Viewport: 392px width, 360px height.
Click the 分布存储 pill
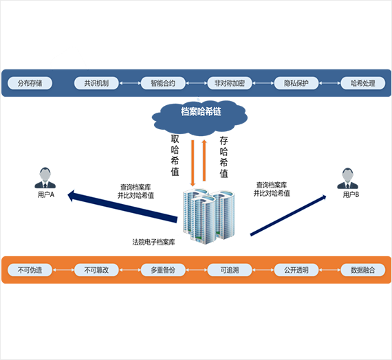point(30,83)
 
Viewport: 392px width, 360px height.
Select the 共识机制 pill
point(96,83)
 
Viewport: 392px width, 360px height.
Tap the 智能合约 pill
point(163,83)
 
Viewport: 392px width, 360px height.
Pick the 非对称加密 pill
point(230,83)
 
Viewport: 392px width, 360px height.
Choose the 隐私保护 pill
point(296,83)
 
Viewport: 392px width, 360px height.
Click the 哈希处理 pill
point(362,83)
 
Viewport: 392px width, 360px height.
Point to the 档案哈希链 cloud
point(199,117)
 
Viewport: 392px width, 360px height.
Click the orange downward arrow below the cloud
point(193,163)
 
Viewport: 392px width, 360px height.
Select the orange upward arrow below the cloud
point(204,160)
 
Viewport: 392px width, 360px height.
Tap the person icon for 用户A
point(45,178)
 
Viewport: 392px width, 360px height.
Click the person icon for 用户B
point(348,179)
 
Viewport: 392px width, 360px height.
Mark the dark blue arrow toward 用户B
point(288,215)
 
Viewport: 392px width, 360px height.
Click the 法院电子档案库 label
point(153,242)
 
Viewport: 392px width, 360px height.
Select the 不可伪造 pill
point(30,270)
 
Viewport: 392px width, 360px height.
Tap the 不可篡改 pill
point(96,270)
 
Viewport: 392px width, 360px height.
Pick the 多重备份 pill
point(163,270)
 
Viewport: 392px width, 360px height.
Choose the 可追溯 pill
point(230,270)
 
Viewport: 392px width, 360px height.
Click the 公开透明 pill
point(296,270)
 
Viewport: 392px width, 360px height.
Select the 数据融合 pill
point(362,270)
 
